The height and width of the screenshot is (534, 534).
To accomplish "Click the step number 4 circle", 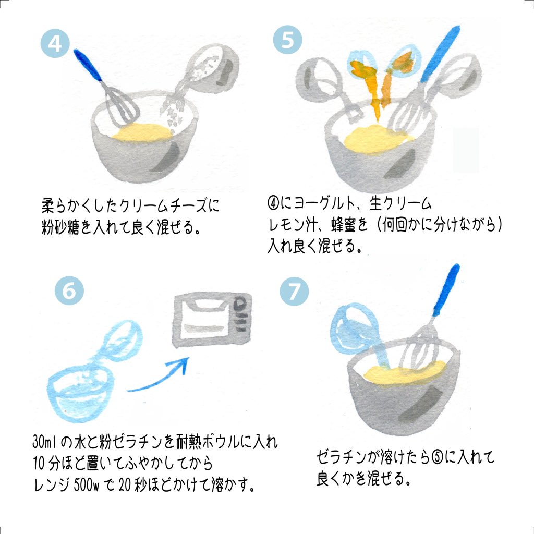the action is click(55, 43).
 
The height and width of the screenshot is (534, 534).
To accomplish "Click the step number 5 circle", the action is click(287, 40).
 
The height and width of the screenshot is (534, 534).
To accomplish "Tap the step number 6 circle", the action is click(69, 290).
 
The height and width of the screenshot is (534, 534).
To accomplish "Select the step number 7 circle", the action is click(294, 291).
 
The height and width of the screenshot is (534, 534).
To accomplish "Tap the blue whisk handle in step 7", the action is click(446, 290).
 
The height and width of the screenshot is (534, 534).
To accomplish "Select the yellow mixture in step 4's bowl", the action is click(140, 132).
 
